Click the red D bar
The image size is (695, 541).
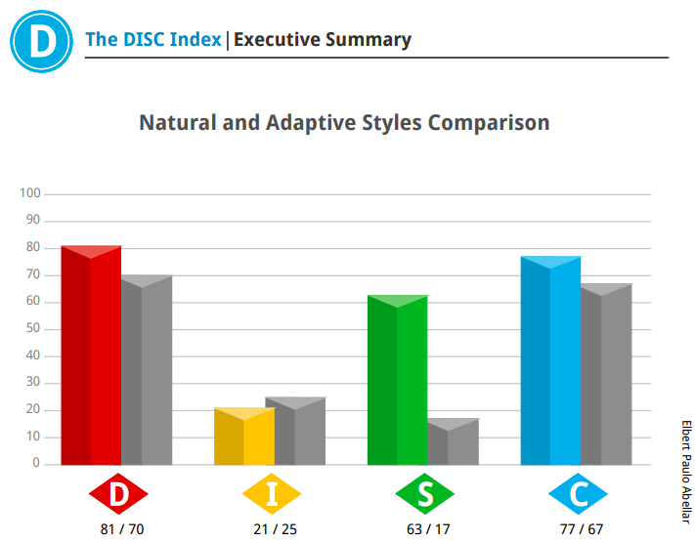coord(91,355)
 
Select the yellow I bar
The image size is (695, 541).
coord(244,437)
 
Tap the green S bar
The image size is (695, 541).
coord(398,380)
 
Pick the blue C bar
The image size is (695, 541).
coord(551,360)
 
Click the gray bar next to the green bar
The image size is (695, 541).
coord(454,441)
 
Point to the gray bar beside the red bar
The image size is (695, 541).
coord(147,370)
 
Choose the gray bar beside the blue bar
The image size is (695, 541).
coord(606,374)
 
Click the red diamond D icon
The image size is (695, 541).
coord(118,493)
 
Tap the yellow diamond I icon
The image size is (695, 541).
coord(272,493)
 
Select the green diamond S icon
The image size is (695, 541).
coord(425,493)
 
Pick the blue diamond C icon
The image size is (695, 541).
coord(578,493)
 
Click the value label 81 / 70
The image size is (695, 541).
coord(122,529)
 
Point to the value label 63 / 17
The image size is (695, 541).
coord(428,529)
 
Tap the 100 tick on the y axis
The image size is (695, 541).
coord(30,193)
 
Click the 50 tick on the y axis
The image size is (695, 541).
coord(33,328)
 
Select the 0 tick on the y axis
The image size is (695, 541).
coord(36,463)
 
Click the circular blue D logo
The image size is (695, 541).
coord(42,41)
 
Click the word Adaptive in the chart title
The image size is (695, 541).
coord(310,123)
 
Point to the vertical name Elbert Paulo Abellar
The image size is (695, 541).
coord(686,472)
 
